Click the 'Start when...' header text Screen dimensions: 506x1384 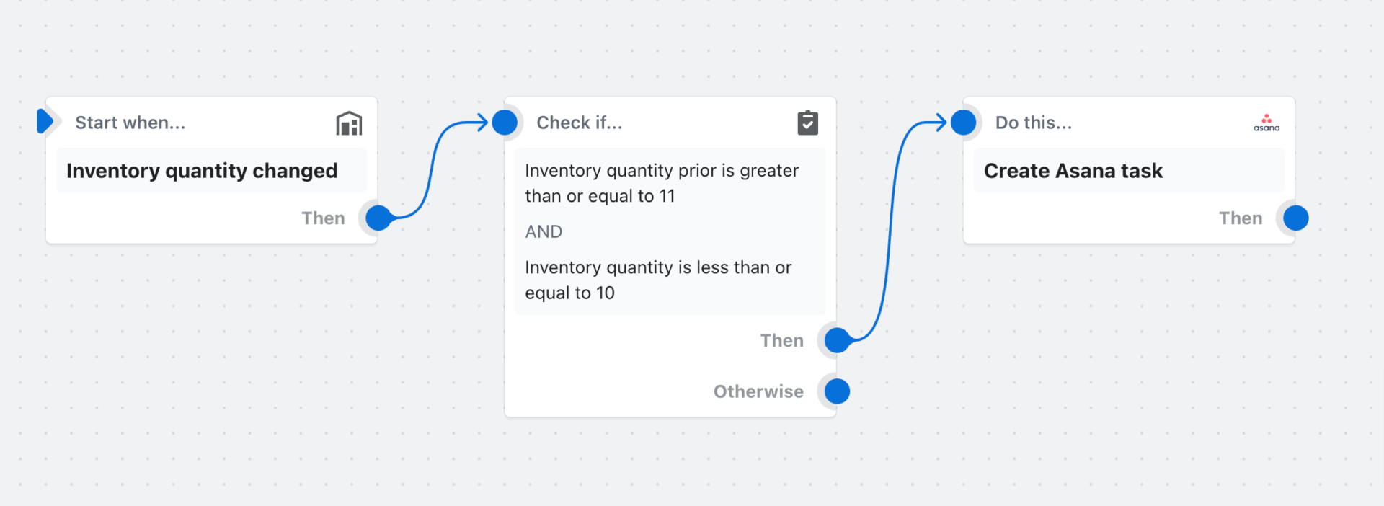tap(130, 123)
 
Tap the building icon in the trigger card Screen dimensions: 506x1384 tap(349, 123)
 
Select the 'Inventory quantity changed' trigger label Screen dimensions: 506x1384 tap(202, 171)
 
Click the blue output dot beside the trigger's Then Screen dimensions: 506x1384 tap(378, 218)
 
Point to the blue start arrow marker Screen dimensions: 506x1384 tap(45, 121)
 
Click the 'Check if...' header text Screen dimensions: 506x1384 tap(579, 123)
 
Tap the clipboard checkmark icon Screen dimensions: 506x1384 tap(807, 123)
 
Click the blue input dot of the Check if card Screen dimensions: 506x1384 tap(505, 123)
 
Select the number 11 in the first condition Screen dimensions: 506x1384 tap(667, 196)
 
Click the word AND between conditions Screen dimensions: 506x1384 tap(544, 231)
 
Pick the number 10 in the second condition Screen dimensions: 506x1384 tap(605, 293)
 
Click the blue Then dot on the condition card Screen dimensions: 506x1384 tap(837, 340)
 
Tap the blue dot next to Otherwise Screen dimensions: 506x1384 tap(837, 391)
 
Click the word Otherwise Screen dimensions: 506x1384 tap(758, 391)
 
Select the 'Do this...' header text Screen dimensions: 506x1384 tap(1033, 123)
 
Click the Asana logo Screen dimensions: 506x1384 tap(1267, 123)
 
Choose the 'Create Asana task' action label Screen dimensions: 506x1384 tap(1073, 171)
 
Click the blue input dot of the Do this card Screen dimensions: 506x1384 tap(964, 123)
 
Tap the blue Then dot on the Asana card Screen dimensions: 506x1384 tap(1296, 218)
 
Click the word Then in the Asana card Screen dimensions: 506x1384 tap(1241, 218)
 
